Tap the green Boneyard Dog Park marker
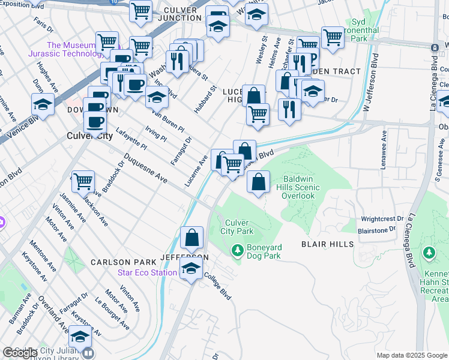pyautogui.click(x=238, y=248)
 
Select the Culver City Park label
pyautogui.click(x=237, y=227)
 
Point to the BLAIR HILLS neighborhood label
pyautogui.click(x=324, y=245)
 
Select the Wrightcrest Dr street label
pyautogui.click(x=384, y=219)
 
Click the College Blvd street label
pyautogui.click(x=217, y=287)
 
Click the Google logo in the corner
pyautogui.click(x=20, y=353)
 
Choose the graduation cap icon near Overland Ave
pyautogui.click(x=80, y=336)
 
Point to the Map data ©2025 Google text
pyautogui.click(x=412, y=355)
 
